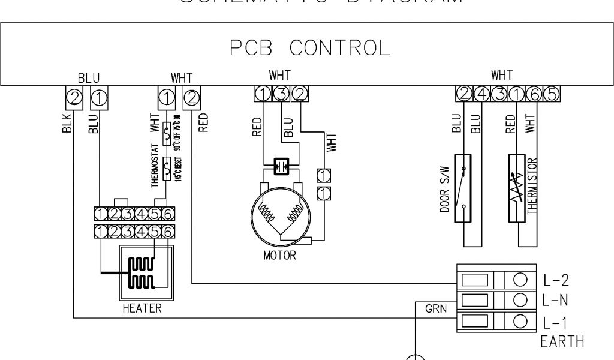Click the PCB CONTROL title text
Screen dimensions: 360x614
[306, 47]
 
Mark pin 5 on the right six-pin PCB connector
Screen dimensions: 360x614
[553, 93]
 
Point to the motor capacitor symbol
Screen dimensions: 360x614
[281, 166]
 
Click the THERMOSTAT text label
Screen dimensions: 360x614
[155, 164]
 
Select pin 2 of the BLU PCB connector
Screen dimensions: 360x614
[73, 95]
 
